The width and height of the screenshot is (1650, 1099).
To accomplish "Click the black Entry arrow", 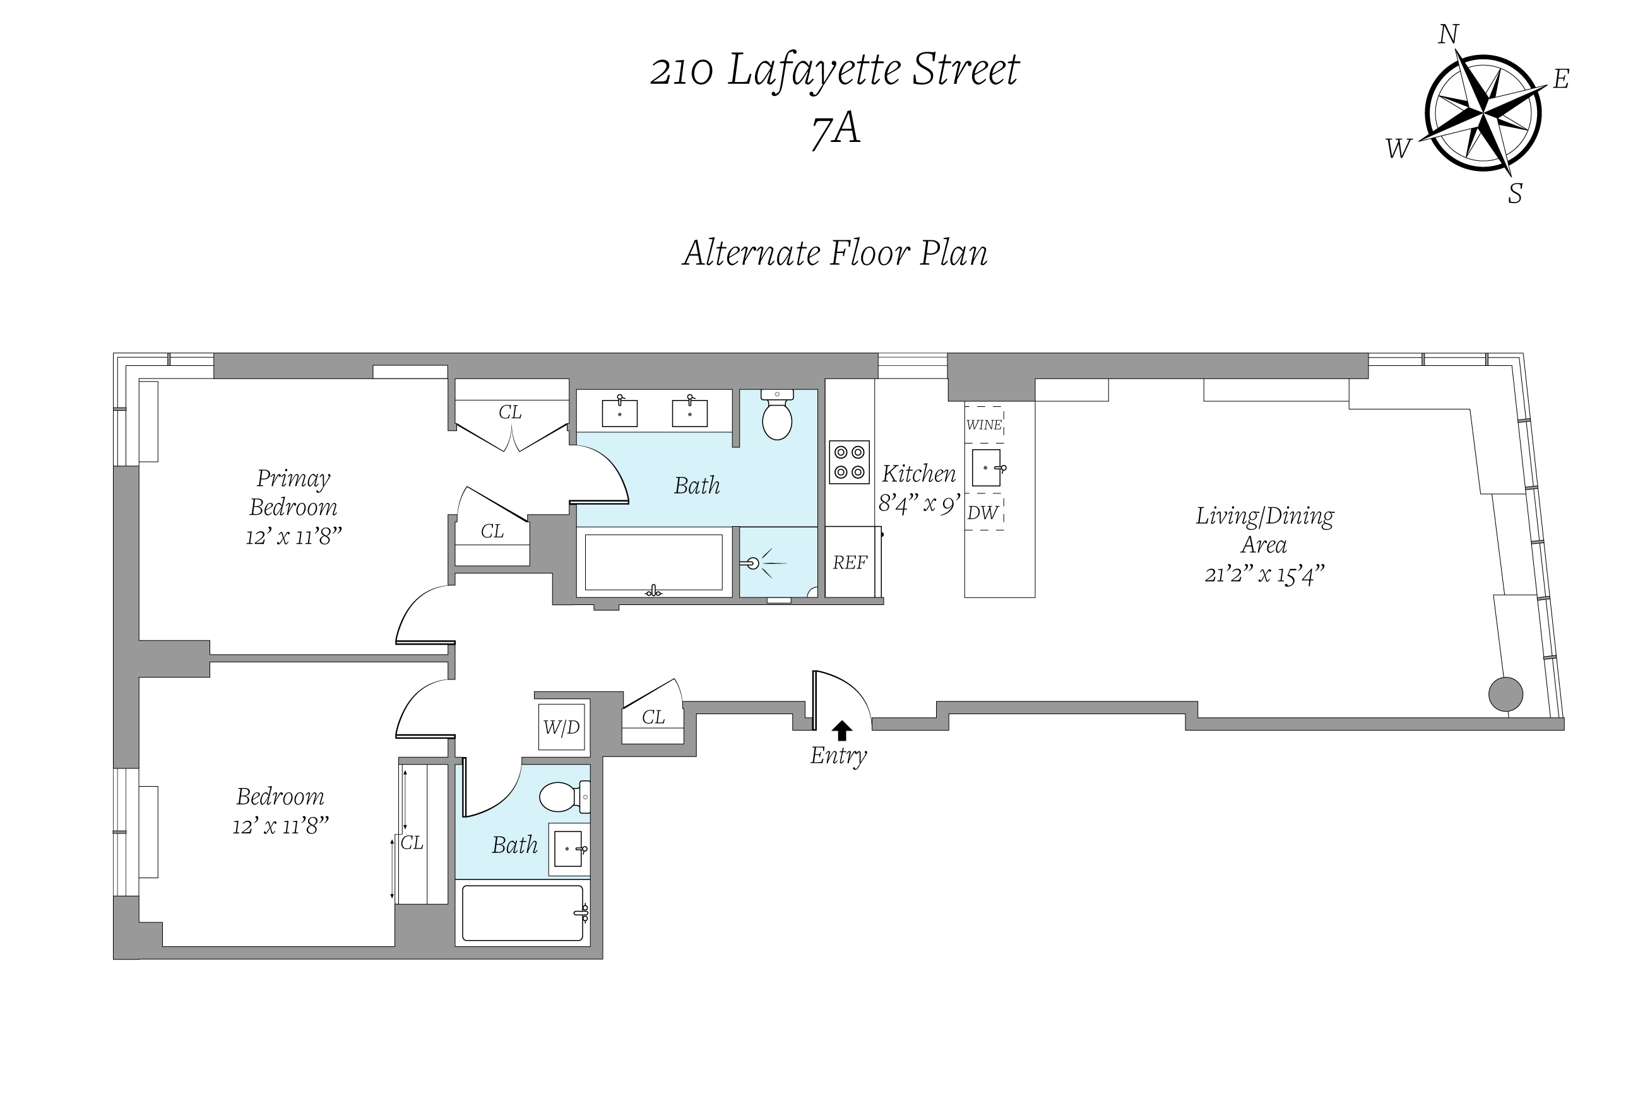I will point(841,731).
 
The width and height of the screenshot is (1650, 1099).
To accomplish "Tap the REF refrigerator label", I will point(849,562).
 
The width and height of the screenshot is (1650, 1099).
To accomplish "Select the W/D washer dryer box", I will point(562,727).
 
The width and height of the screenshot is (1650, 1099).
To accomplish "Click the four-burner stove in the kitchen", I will point(849,462).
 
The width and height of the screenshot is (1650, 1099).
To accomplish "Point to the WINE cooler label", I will point(984,425).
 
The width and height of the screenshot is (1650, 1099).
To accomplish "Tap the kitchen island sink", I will point(986,467).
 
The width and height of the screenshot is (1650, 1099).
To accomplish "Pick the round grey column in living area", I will point(1505,695).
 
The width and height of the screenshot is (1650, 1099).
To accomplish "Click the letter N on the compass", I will point(1448,34).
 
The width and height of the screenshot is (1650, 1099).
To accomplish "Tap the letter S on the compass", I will point(1515,194).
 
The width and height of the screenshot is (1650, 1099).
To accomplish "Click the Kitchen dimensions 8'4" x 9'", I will point(918,504).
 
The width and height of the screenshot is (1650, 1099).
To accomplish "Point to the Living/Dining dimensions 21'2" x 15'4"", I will point(1264,575).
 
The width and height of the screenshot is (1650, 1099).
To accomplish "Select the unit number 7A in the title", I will point(835,130).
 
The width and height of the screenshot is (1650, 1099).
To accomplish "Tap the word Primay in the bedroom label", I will point(293,479).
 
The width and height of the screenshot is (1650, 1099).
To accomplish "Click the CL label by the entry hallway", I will point(653,717).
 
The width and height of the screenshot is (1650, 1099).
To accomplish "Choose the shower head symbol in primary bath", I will point(754,562).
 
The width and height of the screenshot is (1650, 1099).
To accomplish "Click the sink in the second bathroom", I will point(569,849).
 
